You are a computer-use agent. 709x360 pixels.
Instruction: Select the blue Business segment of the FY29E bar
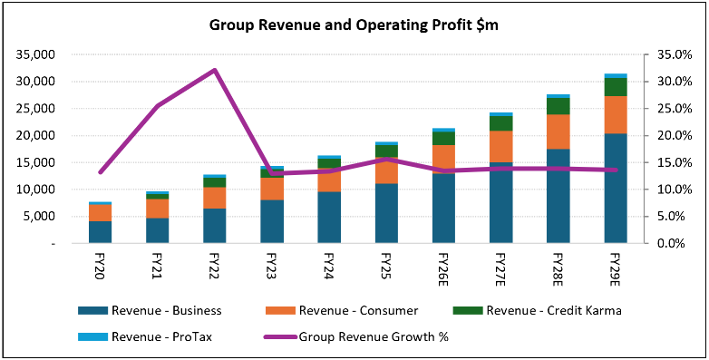coord(616,188)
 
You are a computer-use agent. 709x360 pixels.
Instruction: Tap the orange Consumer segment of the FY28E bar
coord(558,131)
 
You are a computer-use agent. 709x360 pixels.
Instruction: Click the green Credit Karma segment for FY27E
coord(501,123)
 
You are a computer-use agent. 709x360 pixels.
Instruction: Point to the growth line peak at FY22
coord(215,70)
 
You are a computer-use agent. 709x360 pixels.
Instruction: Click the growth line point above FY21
coord(158,105)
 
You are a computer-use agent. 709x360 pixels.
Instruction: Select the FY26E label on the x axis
coord(443,270)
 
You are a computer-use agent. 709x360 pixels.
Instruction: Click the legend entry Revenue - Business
coord(150,311)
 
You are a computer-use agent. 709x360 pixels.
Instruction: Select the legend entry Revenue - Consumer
coord(342,311)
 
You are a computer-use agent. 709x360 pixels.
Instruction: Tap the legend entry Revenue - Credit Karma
coord(538,311)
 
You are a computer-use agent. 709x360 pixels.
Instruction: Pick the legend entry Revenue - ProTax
coord(145,337)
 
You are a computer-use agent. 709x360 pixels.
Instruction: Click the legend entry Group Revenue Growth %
coord(356,337)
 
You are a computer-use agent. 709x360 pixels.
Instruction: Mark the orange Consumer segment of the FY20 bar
coord(101,213)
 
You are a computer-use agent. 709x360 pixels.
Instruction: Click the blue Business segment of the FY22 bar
coord(215,226)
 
